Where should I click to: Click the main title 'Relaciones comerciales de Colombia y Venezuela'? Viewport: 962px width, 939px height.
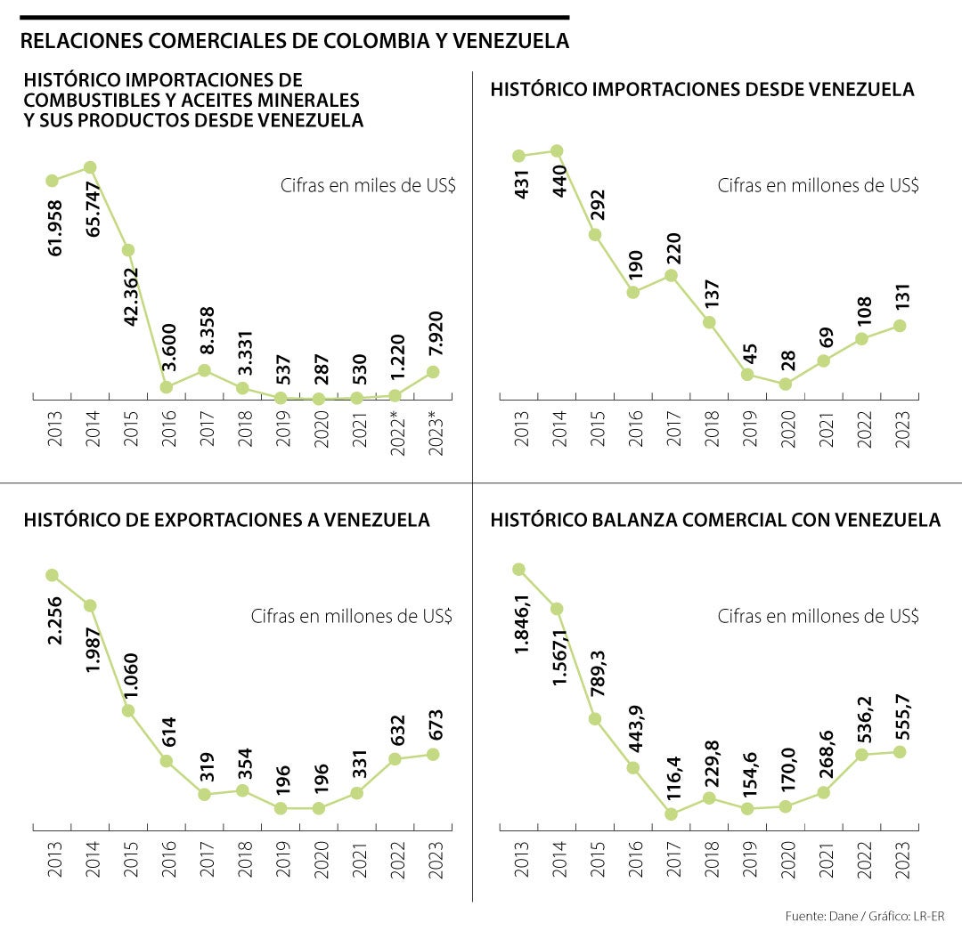295,41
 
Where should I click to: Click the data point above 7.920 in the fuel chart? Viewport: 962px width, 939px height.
434,371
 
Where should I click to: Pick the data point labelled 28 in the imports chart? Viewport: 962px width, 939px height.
785,384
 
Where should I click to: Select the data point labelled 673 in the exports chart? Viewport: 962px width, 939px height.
434,754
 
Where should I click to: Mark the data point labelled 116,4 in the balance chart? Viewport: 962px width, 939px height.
671,814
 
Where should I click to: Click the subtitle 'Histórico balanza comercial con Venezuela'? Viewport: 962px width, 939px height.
715,520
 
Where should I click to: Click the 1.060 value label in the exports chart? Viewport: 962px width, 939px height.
130,676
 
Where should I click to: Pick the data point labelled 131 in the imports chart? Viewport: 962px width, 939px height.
900,326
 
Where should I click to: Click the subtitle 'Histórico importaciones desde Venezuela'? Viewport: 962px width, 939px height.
702,90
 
